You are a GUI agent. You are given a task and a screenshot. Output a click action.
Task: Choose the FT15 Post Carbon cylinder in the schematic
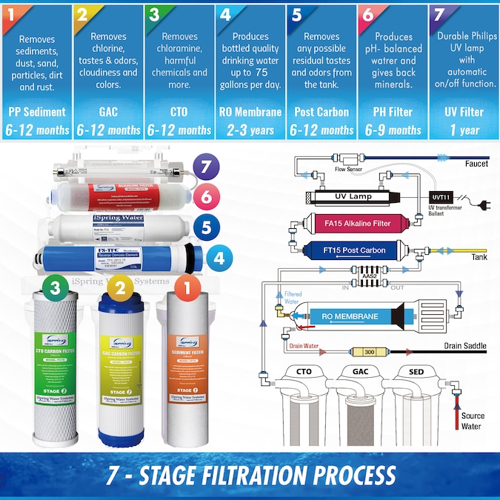[x=348, y=250]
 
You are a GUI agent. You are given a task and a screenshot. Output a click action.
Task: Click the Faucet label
[x=476, y=163]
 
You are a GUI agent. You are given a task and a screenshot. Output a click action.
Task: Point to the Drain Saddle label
[x=465, y=346]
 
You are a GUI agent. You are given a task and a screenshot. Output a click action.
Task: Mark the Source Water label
[x=472, y=421]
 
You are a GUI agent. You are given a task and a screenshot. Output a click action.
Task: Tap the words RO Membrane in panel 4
[x=250, y=113]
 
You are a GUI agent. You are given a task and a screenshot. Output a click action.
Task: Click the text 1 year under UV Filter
[x=463, y=130]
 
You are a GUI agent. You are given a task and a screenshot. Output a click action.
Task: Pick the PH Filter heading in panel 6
[x=392, y=113]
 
